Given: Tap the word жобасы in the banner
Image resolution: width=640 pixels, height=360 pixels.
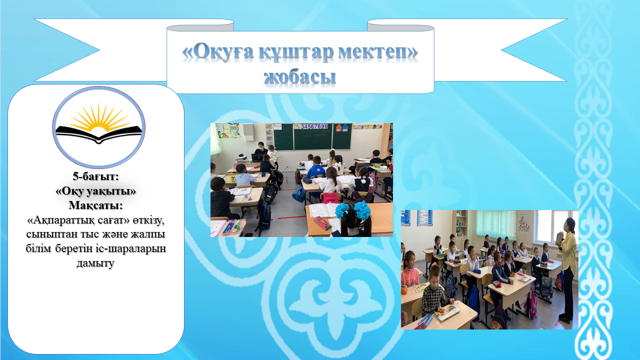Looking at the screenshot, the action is pyautogui.click(x=299, y=76).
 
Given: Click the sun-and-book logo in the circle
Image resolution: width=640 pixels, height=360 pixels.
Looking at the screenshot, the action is pyautogui.click(x=98, y=127).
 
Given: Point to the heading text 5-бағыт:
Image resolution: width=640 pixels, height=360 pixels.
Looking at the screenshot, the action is pyautogui.click(x=95, y=176).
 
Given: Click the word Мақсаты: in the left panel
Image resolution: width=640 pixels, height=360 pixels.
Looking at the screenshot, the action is pyautogui.click(x=95, y=205).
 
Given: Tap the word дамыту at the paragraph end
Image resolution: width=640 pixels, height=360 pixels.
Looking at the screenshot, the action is pyautogui.click(x=95, y=263).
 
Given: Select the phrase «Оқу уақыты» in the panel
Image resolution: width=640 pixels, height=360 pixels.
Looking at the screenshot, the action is pyautogui.click(x=95, y=191).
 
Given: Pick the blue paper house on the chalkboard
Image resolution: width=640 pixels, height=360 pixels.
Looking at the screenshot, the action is pyautogui.click(x=345, y=127).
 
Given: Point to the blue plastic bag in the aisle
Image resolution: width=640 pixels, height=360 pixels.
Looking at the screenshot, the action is pyautogui.click(x=299, y=195).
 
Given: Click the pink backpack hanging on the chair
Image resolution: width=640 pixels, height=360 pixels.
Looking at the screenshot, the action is pyautogui.click(x=331, y=198).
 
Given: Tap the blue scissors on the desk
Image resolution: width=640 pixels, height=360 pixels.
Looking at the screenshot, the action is pyautogui.click(x=249, y=198).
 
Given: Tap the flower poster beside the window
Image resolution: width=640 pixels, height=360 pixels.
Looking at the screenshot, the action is pyautogui.click(x=524, y=223).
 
